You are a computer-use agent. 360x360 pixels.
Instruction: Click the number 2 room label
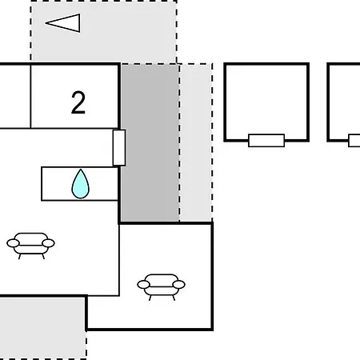point(78,102)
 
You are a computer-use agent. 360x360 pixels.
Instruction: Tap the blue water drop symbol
point(80,184)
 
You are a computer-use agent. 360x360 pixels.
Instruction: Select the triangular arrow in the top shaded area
point(63,23)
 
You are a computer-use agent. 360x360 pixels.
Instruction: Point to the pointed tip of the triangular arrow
point(46,23)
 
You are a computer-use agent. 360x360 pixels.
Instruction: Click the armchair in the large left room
point(30,246)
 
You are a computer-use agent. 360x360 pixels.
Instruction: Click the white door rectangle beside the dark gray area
point(119,148)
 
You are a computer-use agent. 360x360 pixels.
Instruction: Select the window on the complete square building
point(266,140)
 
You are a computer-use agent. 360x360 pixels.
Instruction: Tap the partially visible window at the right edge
point(354,141)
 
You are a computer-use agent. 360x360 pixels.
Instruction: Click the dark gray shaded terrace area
point(150,142)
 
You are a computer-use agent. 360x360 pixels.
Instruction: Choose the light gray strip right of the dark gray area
point(196,142)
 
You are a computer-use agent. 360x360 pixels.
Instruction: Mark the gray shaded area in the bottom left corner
point(42,328)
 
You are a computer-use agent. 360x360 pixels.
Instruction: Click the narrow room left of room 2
point(15,96)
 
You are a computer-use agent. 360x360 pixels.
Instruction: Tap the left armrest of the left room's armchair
point(13,243)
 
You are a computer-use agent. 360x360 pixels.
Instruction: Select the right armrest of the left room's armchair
point(48,243)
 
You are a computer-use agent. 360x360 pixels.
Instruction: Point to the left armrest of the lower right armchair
point(143,285)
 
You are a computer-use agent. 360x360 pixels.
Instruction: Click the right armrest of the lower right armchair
point(178,285)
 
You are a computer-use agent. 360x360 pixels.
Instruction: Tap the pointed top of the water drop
point(80,169)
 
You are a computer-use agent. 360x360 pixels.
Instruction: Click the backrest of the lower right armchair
point(161,278)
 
